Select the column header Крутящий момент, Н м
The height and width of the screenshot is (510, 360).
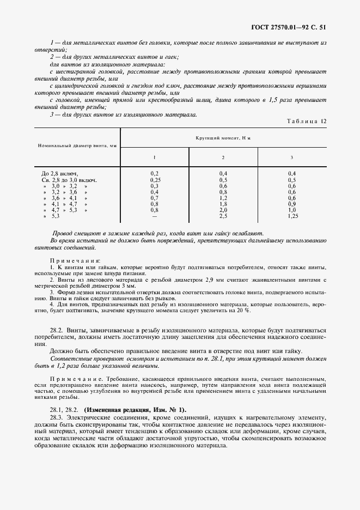[x=223, y=138]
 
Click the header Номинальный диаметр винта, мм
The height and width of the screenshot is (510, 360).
[x=77, y=146]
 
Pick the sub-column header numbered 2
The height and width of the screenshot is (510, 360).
[x=223, y=157]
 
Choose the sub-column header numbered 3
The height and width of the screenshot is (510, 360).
[x=291, y=157]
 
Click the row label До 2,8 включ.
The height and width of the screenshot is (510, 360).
[x=56, y=173]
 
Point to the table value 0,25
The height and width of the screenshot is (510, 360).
[x=154, y=179]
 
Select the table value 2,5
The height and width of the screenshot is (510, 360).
[x=223, y=216]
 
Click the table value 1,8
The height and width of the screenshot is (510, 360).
[x=223, y=204]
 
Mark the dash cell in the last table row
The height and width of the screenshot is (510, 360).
[x=154, y=216]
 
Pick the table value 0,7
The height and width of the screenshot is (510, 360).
[x=154, y=198]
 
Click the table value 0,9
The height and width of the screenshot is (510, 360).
[x=291, y=204]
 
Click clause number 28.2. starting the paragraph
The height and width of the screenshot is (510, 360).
[x=58, y=330]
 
